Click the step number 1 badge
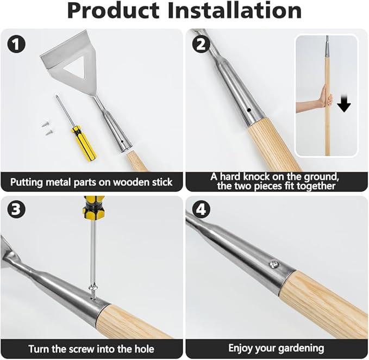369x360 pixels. point(16,44)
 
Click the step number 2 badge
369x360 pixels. point(201,44)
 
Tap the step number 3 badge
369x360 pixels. point(16,209)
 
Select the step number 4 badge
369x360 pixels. point(201,209)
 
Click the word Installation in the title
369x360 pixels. point(235,11)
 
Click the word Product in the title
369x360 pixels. point(114,11)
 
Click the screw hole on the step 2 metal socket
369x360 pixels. point(249,110)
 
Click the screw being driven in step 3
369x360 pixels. point(93,292)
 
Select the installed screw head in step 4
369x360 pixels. point(274,264)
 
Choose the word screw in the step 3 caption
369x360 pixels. point(83,349)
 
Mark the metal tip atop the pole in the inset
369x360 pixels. point(327,46)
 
